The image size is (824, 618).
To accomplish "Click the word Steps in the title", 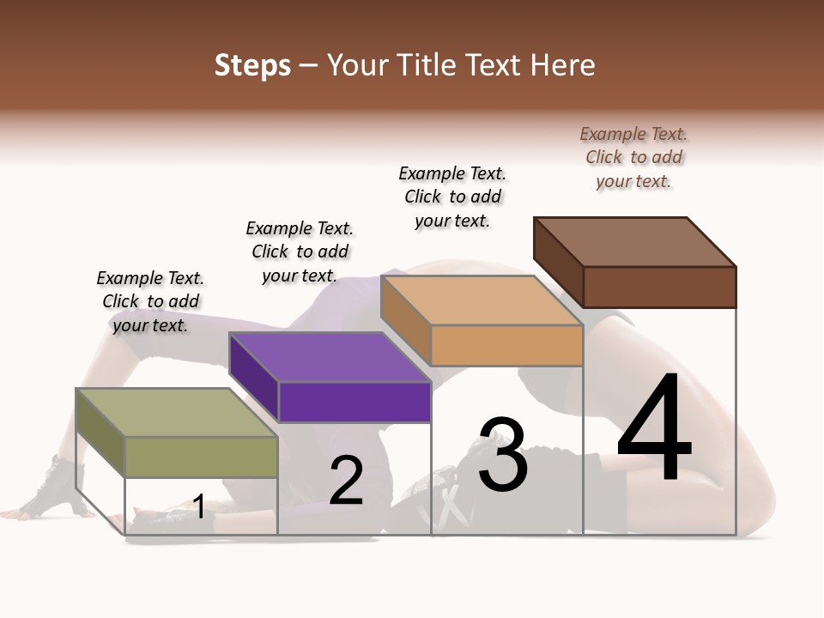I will (252, 66).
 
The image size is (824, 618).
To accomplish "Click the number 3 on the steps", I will (503, 455).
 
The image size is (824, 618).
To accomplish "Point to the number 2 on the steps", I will (346, 481).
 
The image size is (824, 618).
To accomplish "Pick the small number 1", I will (199, 506).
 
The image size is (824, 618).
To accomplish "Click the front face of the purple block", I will (354, 402).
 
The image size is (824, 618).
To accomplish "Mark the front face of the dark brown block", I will (659, 287).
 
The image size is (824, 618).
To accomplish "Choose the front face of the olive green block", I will (201, 457).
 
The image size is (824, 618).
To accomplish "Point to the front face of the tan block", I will (506, 345).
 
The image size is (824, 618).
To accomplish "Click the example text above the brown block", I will (633, 158).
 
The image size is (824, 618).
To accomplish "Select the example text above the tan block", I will (452, 197).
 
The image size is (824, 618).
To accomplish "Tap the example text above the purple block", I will (300, 251).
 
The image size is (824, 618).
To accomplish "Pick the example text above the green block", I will (149, 301).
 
